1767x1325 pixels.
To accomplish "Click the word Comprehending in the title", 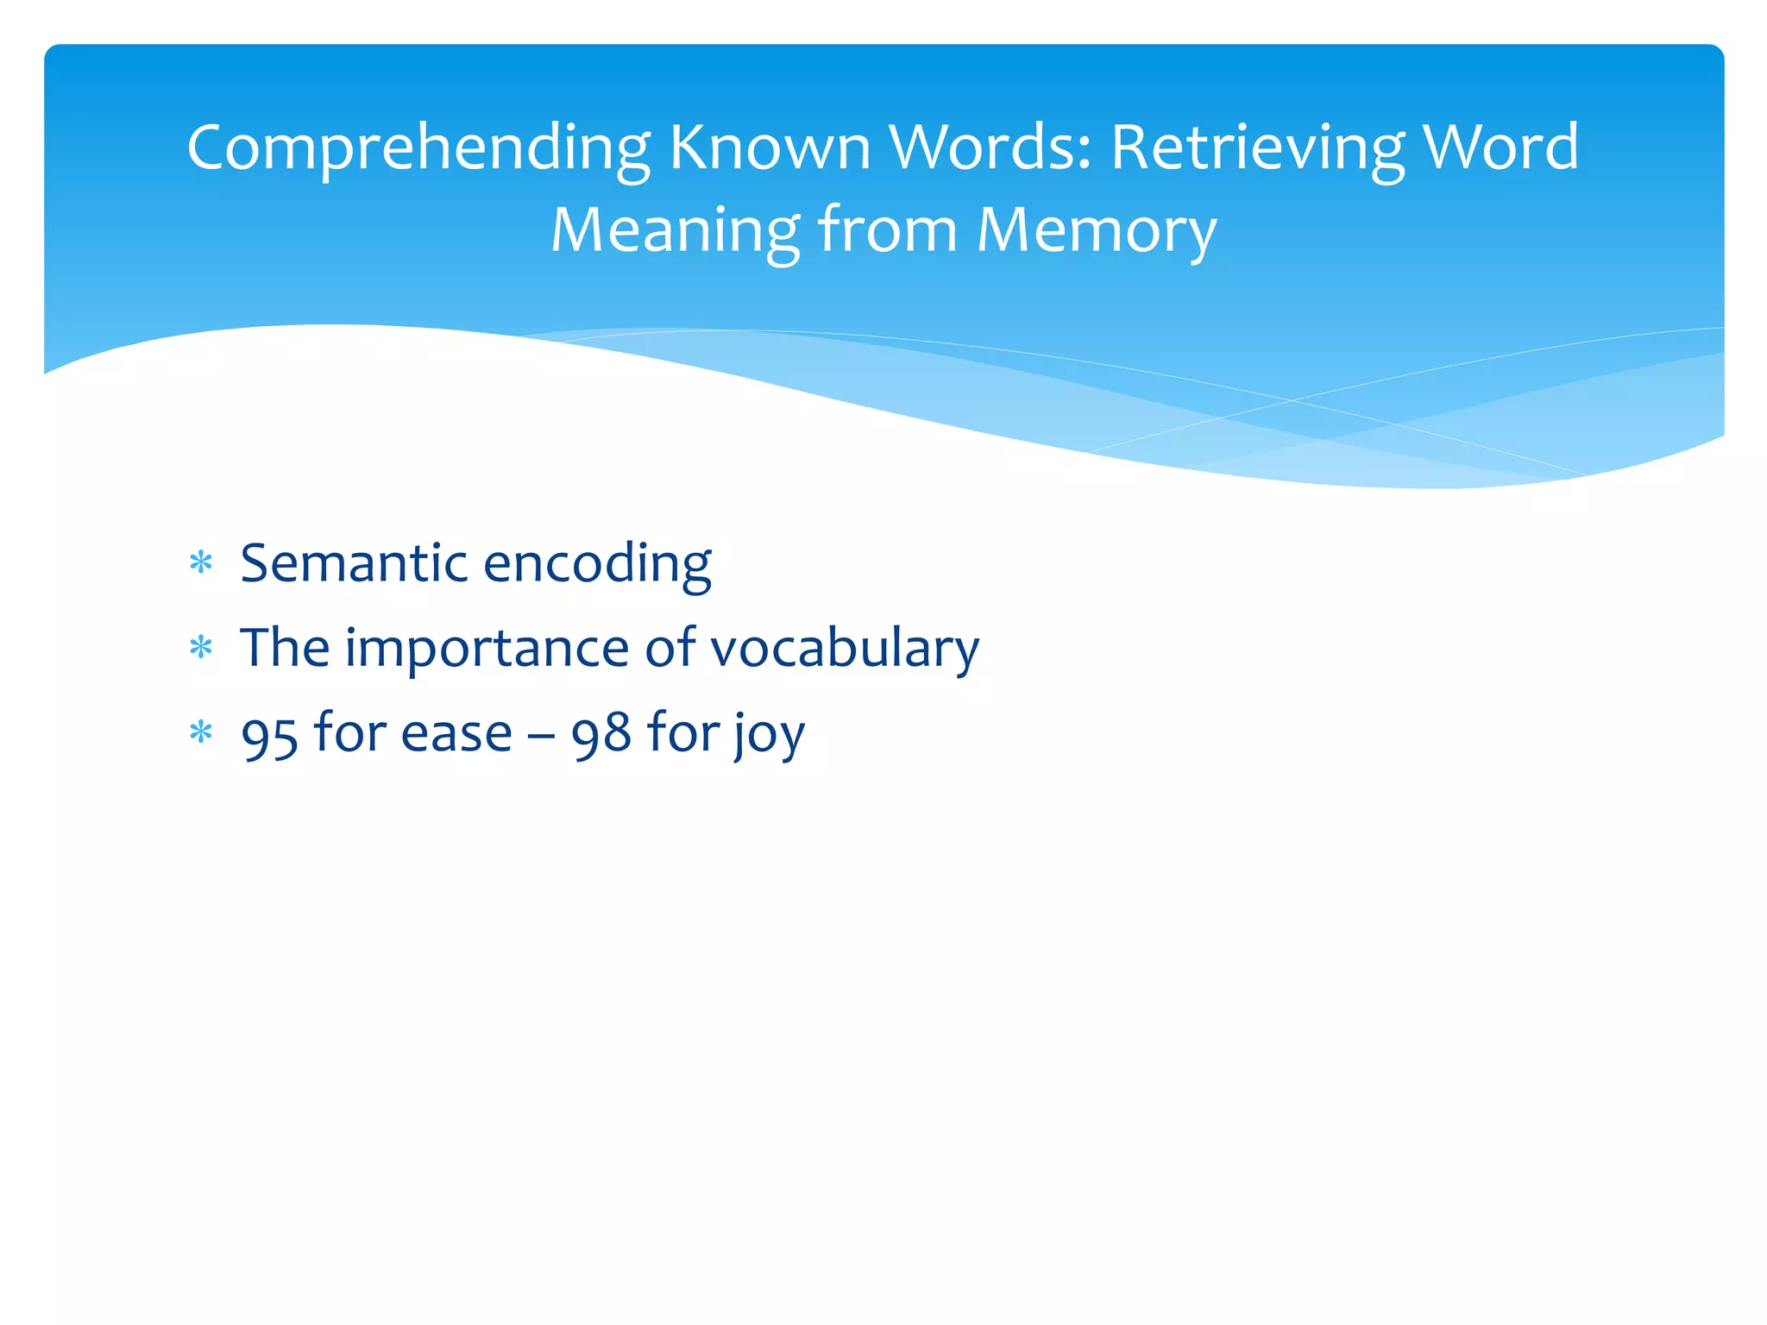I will (x=418, y=148).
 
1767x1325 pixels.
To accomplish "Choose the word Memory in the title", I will (x=1097, y=231).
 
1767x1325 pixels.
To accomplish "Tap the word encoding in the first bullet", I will (x=598, y=565).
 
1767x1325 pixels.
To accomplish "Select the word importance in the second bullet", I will (x=487, y=649).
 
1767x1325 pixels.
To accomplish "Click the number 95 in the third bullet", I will (x=270, y=735).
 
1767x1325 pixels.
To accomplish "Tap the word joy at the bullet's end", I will (x=770, y=735).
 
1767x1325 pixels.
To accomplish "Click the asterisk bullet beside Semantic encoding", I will (x=201, y=563).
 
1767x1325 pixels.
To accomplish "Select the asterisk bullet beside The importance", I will (x=201, y=648).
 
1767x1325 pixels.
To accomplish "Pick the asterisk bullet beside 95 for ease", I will (x=201, y=733).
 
